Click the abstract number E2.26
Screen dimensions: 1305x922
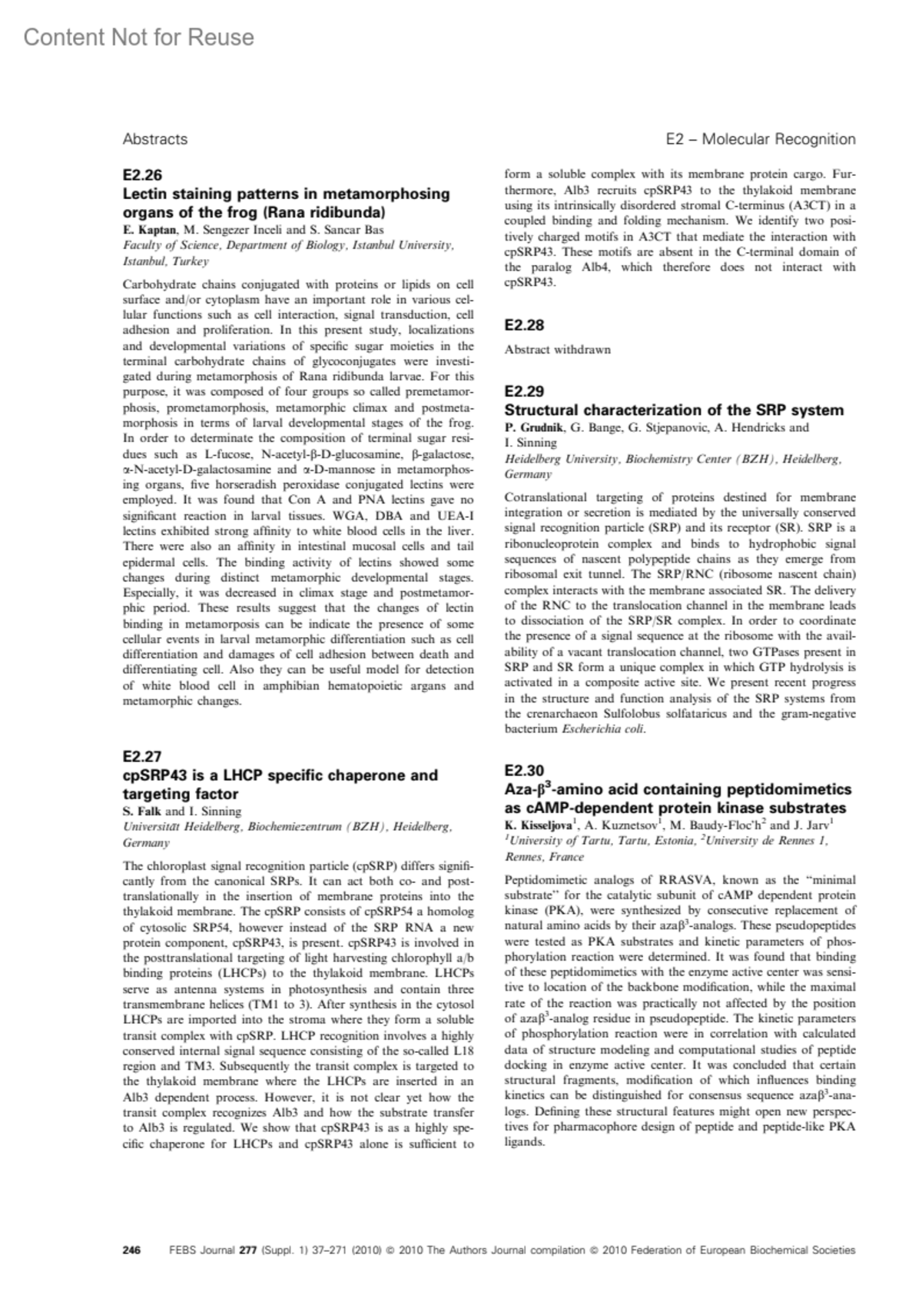pos(142,175)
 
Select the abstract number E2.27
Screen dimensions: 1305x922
pos(142,756)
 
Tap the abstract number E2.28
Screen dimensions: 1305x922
pos(524,325)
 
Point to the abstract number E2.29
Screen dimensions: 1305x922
pos(524,391)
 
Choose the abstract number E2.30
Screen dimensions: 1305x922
pos(524,770)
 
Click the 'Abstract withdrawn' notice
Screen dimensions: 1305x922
pos(558,350)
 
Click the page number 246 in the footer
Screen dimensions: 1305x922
pos(132,1250)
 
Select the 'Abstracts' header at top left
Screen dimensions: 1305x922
pos(154,139)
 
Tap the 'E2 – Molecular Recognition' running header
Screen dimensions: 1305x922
pos(760,139)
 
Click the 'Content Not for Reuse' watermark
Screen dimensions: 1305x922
pos(138,37)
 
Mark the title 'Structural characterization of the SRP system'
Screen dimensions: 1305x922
pos(674,410)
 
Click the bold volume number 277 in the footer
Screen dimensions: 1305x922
pos(247,1250)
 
